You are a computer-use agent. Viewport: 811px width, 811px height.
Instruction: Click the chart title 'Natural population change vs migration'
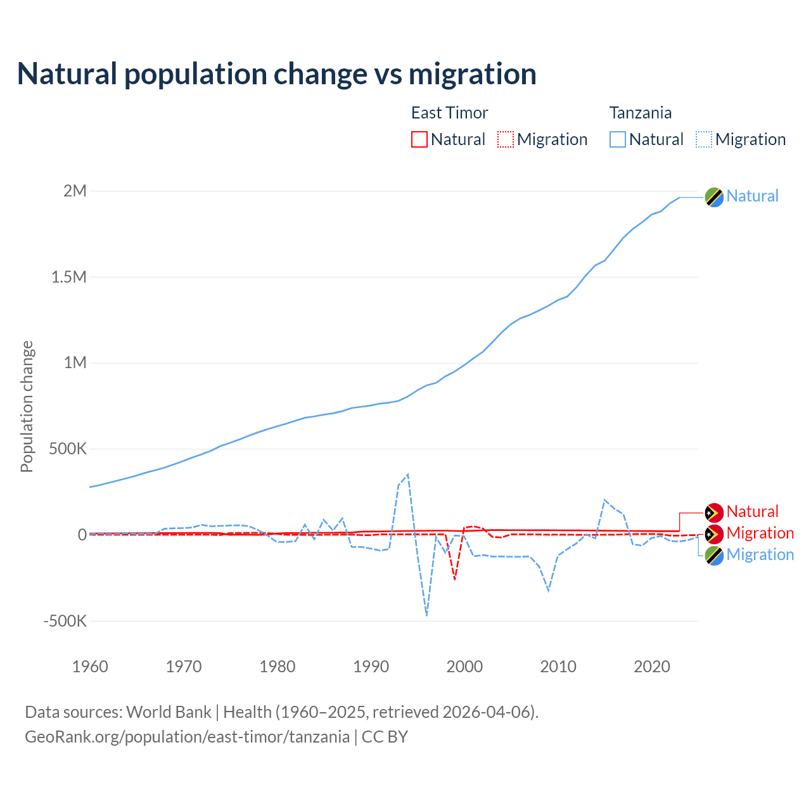pos(277,74)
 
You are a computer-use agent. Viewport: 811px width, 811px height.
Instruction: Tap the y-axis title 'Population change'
pos(27,406)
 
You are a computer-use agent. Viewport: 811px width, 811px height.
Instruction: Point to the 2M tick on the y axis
pos(75,191)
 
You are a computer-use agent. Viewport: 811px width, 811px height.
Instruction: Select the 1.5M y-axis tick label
pos(69,277)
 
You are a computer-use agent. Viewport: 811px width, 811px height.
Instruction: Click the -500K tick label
pos(65,621)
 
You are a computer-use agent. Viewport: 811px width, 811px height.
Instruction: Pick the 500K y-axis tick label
pos(68,449)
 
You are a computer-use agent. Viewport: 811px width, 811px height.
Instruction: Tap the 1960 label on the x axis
pos(90,667)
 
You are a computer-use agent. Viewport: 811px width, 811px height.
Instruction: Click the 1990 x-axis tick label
pos(371,667)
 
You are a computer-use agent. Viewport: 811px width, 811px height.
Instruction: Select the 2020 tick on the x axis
pos(652,667)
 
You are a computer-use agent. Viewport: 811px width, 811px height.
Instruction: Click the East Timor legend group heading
pos(449,113)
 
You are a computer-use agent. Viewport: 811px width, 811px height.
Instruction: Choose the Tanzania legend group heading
pos(640,113)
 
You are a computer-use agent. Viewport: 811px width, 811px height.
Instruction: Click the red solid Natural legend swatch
pos(419,139)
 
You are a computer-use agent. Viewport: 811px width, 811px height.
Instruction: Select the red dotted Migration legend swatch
pos(506,139)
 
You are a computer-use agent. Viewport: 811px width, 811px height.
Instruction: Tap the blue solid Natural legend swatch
pos(618,139)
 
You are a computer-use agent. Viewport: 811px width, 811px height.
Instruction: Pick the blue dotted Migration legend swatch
pos(704,139)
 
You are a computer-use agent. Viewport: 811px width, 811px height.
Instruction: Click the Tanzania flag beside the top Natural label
pos(714,197)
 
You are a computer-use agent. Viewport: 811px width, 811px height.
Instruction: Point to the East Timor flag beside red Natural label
pos(714,513)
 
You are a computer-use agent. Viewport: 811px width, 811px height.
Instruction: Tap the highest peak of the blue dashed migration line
pos(408,474)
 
